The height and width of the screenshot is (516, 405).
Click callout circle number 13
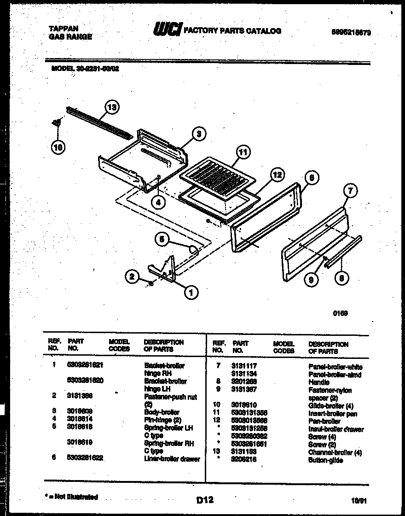click(111, 108)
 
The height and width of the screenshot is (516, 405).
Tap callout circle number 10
click(58, 147)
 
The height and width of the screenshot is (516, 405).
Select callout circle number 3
click(198, 135)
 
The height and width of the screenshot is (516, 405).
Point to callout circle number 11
click(243, 152)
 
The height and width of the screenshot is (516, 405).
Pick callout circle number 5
click(161, 239)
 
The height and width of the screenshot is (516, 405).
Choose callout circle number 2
click(132, 276)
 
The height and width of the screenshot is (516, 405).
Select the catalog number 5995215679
click(351, 33)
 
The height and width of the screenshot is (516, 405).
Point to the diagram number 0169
click(340, 313)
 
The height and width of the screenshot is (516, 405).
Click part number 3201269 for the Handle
click(244, 382)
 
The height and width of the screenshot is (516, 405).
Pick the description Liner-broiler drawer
click(172, 459)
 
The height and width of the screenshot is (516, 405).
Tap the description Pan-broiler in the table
click(324, 421)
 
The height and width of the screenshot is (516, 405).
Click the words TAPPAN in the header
click(64, 28)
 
